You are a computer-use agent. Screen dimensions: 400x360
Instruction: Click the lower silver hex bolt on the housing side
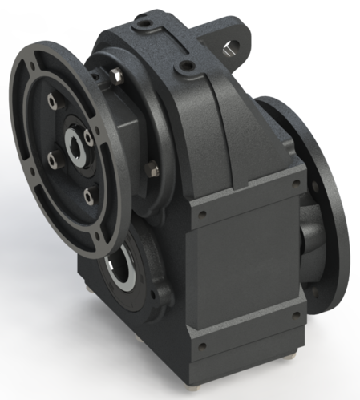click(x=151, y=169)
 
